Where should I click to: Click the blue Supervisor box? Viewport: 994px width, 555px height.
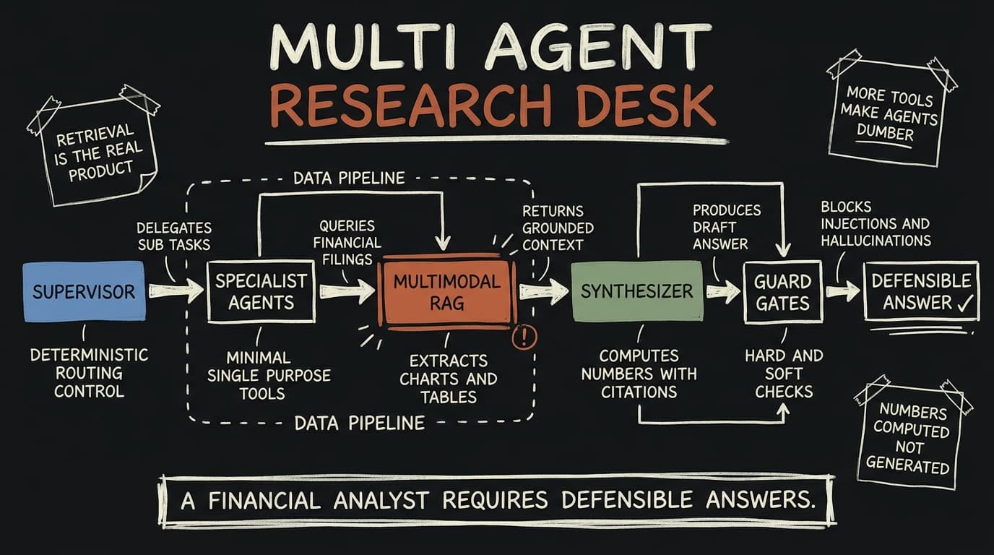click(85, 291)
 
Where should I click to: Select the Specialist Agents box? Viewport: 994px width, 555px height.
click(262, 292)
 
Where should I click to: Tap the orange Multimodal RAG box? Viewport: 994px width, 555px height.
click(447, 292)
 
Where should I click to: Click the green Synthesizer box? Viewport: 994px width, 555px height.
click(637, 291)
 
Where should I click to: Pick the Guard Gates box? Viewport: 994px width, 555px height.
click(783, 292)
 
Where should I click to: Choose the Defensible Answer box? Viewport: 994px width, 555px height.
click(921, 291)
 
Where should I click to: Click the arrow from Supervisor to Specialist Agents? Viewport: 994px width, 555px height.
click(176, 291)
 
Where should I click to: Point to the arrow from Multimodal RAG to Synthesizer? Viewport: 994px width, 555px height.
click(544, 292)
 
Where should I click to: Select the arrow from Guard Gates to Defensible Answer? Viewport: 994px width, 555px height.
click(843, 291)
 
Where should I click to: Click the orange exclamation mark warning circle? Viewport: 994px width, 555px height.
click(524, 337)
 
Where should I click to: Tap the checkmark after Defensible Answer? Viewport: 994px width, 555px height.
click(964, 304)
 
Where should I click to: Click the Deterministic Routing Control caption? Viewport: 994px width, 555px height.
click(89, 373)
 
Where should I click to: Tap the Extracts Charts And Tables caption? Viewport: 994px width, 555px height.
click(448, 379)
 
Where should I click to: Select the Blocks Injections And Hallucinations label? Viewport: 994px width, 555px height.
click(876, 224)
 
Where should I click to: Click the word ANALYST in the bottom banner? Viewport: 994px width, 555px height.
click(381, 500)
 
